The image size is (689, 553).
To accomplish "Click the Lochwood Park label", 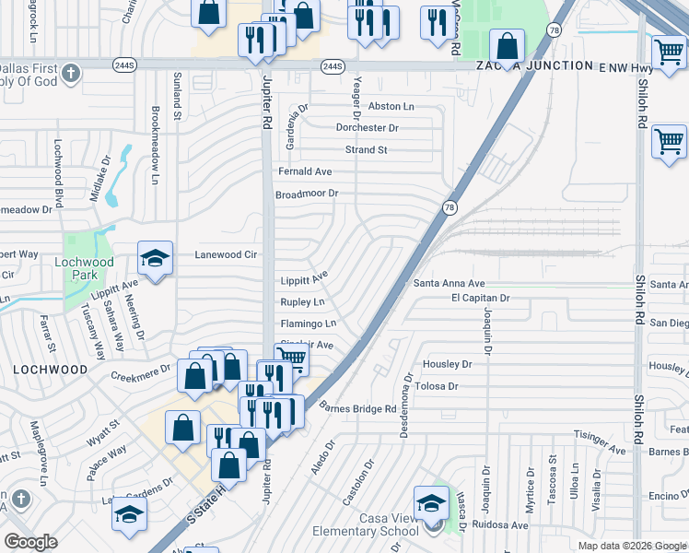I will coord(85,268).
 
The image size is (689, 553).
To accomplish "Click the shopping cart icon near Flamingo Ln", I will coord(292,358).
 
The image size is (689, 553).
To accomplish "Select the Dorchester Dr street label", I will coord(367,128).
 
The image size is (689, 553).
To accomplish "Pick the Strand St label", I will coord(366,149).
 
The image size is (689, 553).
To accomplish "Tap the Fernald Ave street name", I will coord(305,172).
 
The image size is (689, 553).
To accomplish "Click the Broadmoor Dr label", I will coord(308,194).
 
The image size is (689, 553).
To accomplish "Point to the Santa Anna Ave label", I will coord(449,284).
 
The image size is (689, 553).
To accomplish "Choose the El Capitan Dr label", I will coord(480,299).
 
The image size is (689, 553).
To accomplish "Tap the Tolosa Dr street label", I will coord(439,387).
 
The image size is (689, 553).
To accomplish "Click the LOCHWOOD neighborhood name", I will coord(51,369).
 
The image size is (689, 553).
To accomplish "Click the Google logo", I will coord(30,542).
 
